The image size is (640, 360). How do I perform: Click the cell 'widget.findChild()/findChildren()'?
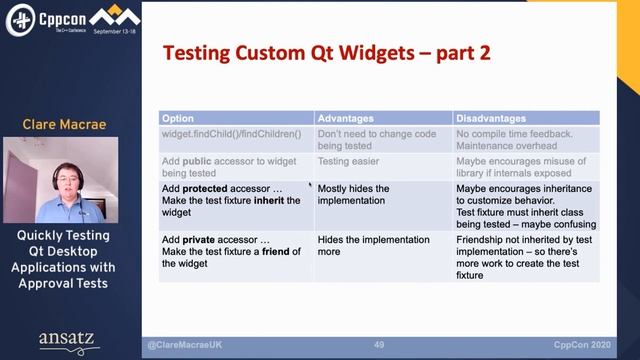230,132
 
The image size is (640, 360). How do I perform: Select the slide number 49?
379,345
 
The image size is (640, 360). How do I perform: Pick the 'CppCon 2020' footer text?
588,345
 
